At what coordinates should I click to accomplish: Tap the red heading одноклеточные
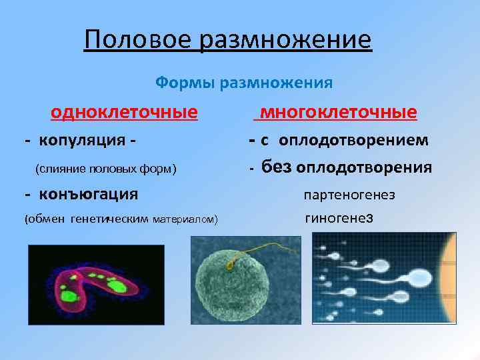click(x=125, y=111)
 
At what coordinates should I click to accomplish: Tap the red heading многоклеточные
click(x=338, y=111)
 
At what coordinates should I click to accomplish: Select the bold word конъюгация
click(x=88, y=195)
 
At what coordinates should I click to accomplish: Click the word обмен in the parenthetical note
click(x=45, y=219)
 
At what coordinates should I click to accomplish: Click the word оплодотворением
click(x=354, y=141)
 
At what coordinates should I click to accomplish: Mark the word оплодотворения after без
click(x=363, y=168)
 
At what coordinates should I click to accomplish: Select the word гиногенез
click(x=339, y=219)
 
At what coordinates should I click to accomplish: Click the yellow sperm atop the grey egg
click(x=230, y=265)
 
